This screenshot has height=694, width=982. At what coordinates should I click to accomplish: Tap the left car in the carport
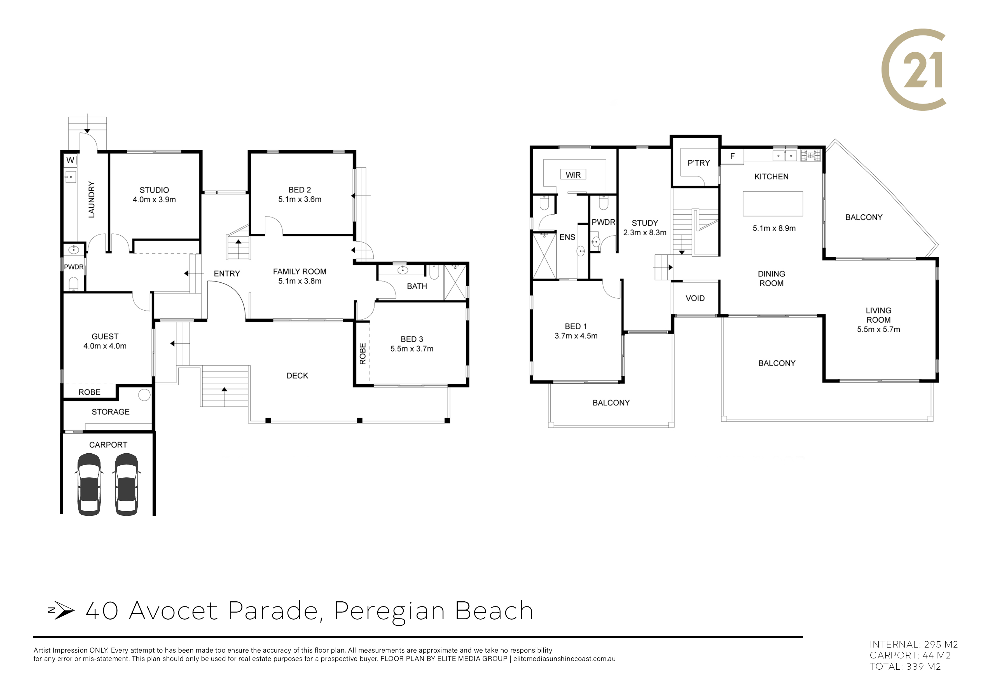tap(89, 484)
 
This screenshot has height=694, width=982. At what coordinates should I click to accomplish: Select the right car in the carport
tap(127, 484)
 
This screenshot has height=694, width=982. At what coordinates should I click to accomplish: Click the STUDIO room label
tap(155, 190)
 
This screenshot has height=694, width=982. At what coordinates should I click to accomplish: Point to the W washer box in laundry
tap(71, 160)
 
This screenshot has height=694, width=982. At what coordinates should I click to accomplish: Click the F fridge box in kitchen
tap(732, 156)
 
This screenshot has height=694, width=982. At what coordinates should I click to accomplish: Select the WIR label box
tap(573, 174)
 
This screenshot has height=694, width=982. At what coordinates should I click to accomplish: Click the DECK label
tap(297, 376)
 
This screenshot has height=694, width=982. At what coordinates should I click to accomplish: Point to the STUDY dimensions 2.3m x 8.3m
tap(645, 233)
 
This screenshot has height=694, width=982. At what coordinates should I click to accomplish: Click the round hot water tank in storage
tap(144, 395)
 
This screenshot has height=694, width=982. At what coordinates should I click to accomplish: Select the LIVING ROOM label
tap(878, 315)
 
